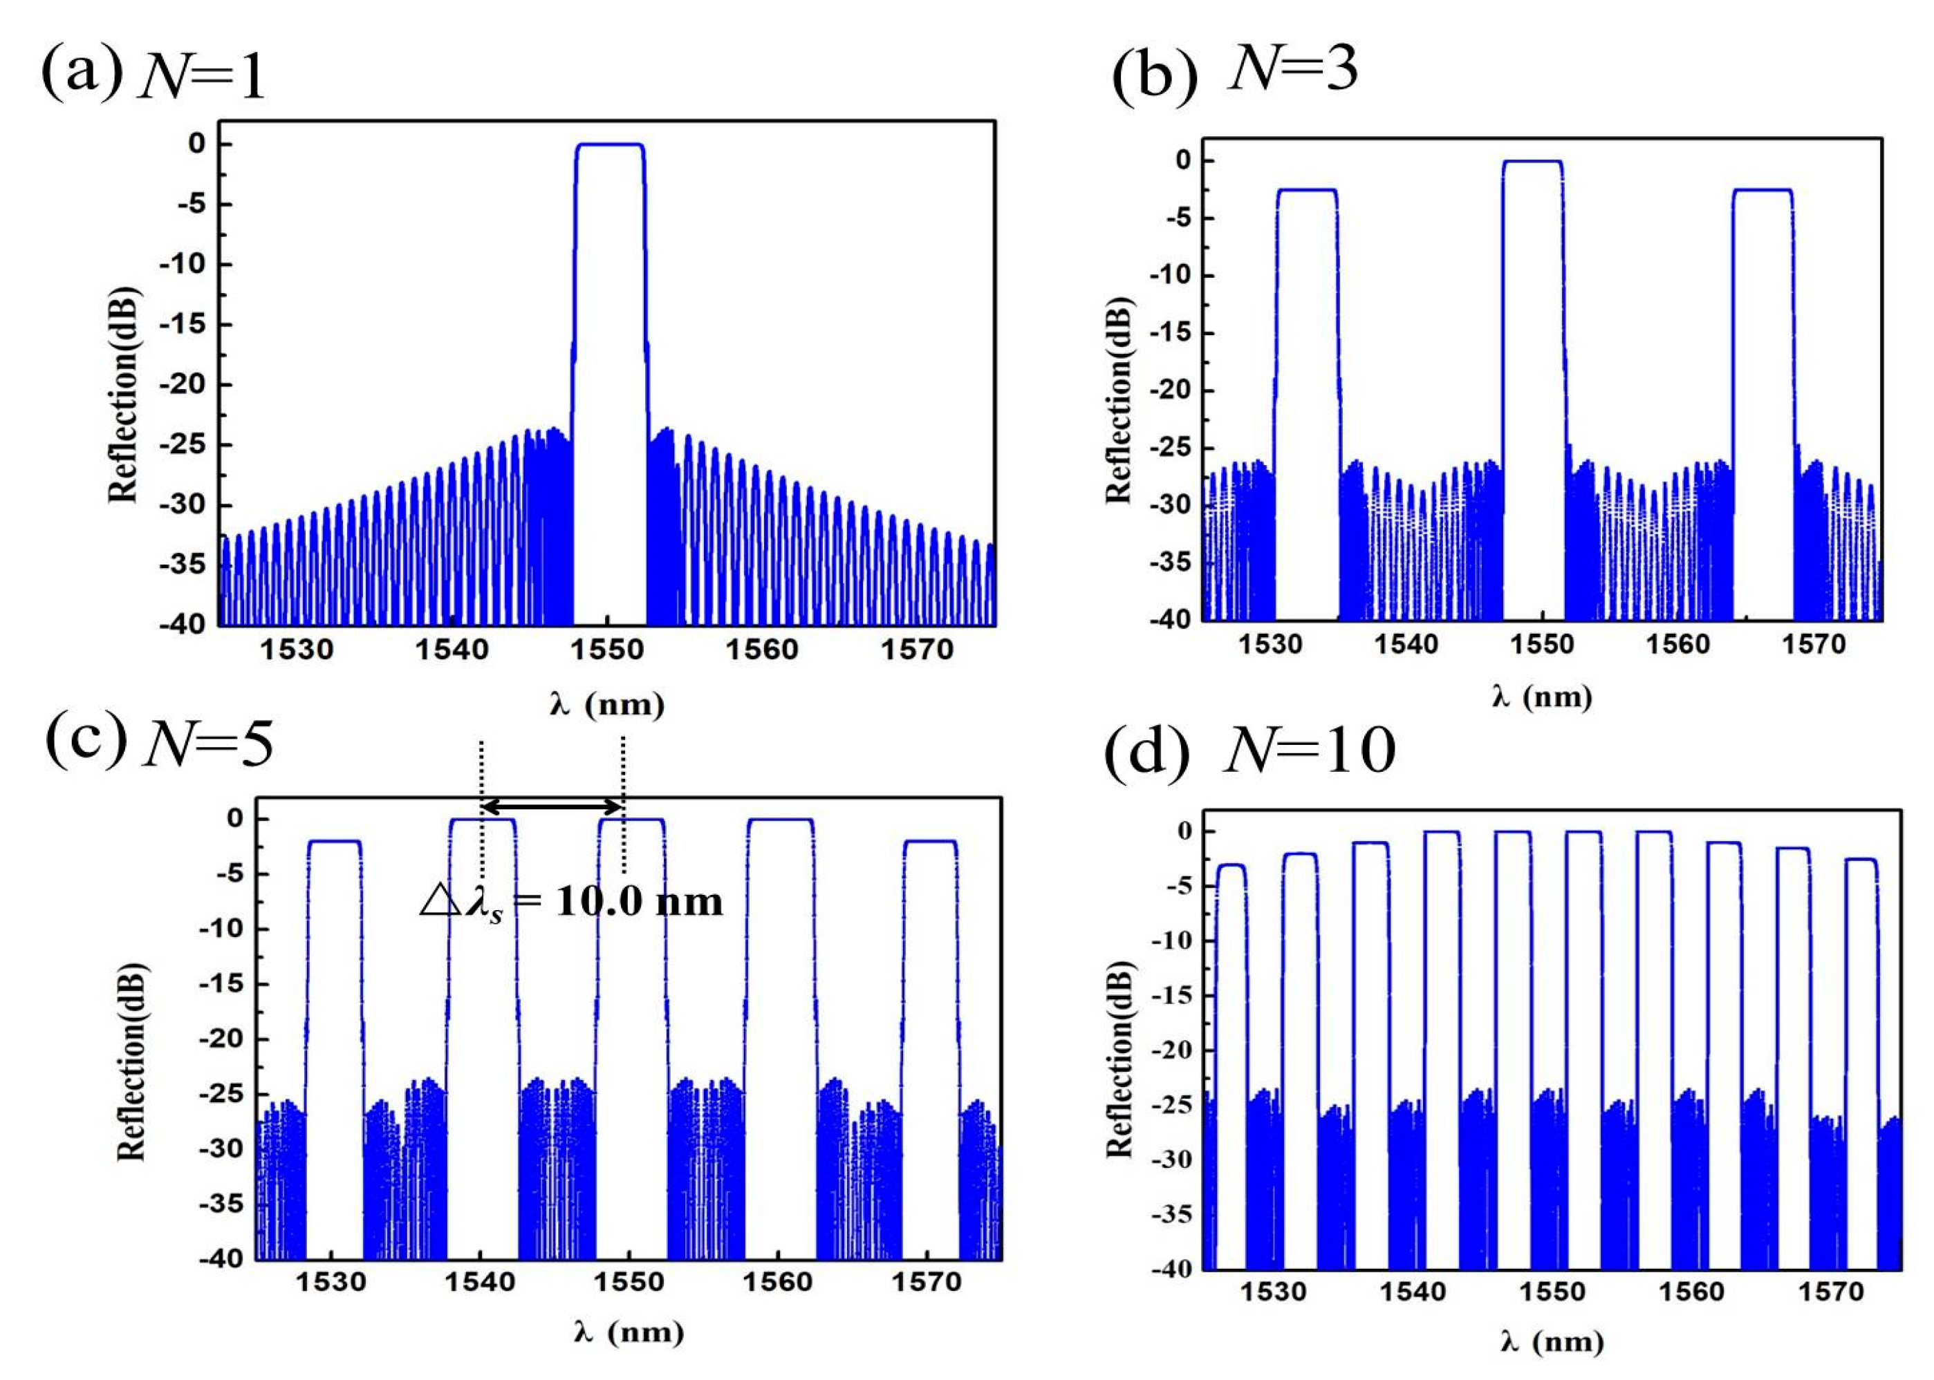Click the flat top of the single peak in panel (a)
tap(608, 144)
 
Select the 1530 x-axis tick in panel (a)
tap(297, 651)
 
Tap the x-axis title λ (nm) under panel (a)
tap(606, 704)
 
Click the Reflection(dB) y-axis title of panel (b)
tap(1120, 399)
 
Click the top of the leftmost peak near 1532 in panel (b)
tap(1307, 189)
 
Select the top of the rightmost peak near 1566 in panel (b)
tap(1763, 189)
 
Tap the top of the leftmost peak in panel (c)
tap(335, 840)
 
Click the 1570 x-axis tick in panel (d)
tap(1830, 1292)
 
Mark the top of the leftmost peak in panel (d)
tap(1231, 865)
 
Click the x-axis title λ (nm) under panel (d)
tap(1552, 1342)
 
